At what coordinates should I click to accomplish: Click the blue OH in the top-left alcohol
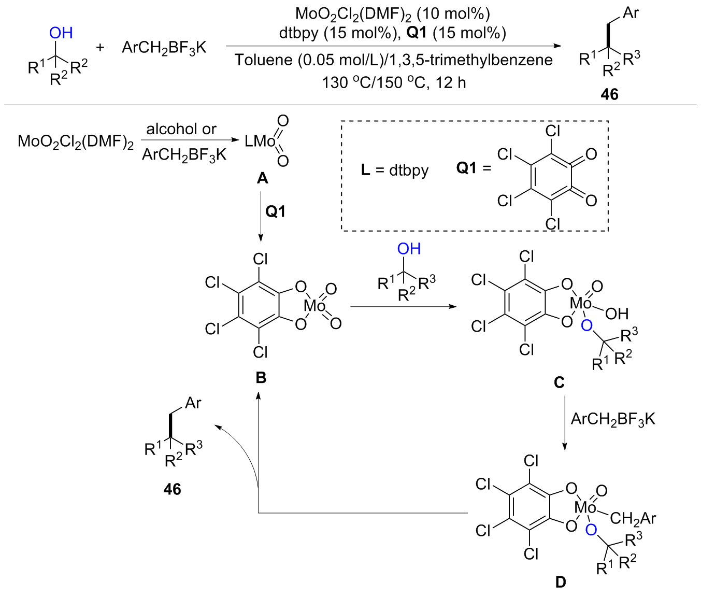tap(61, 33)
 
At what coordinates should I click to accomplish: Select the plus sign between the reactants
tap(100, 47)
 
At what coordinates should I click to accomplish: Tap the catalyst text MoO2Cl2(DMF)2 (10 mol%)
tap(392, 13)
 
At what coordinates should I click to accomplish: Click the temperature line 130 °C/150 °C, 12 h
tap(394, 82)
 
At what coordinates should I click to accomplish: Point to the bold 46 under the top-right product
tap(609, 94)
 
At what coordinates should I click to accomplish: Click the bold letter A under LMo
tap(262, 178)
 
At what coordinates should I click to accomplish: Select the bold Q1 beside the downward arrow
tap(275, 211)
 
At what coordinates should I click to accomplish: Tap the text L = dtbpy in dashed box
tap(395, 170)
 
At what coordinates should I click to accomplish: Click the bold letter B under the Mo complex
tap(261, 377)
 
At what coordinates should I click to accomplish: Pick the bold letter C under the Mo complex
tap(559, 382)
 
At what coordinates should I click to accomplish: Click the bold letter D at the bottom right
tap(561, 582)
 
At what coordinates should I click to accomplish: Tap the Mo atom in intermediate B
tap(314, 306)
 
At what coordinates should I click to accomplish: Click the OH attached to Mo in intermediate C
tap(617, 313)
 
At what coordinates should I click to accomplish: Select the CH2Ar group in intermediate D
tap(633, 518)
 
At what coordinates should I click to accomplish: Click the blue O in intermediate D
tap(591, 530)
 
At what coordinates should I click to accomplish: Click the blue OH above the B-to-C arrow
tap(409, 249)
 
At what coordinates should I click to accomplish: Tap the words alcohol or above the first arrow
tap(181, 129)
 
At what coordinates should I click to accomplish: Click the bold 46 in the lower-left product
tap(172, 489)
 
